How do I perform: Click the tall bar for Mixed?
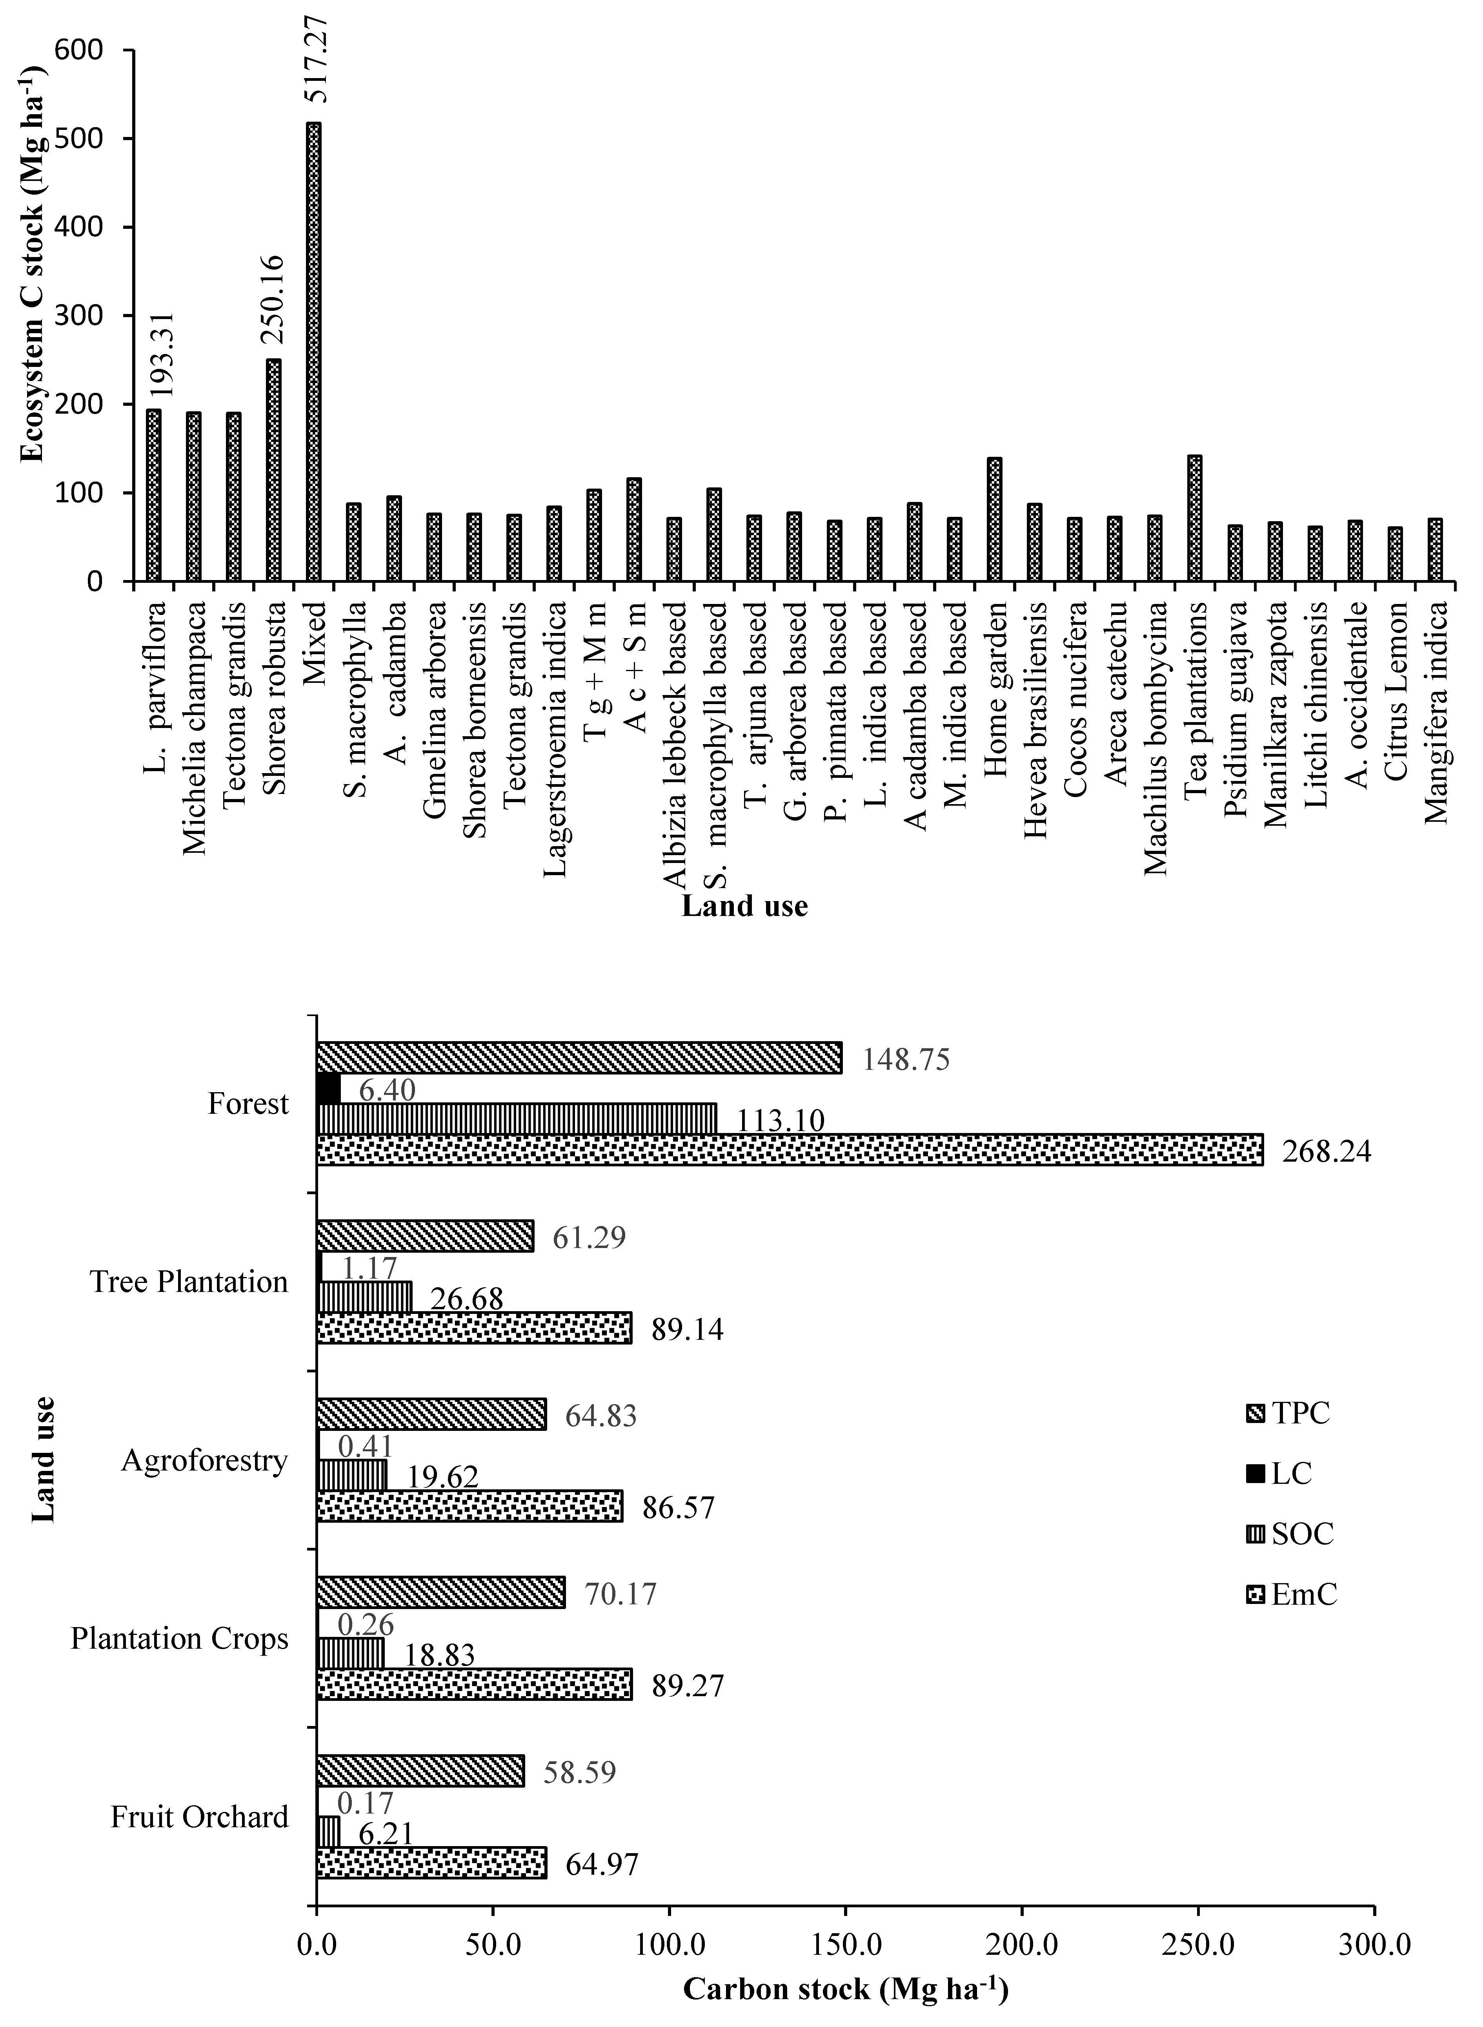click(313, 352)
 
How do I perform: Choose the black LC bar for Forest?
click(329, 1089)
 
